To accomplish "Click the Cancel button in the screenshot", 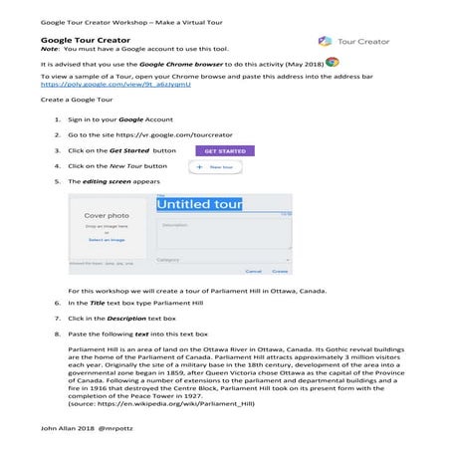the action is (253, 270).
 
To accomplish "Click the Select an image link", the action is (107, 240).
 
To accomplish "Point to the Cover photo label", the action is (107, 215).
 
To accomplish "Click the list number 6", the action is (56, 302).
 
